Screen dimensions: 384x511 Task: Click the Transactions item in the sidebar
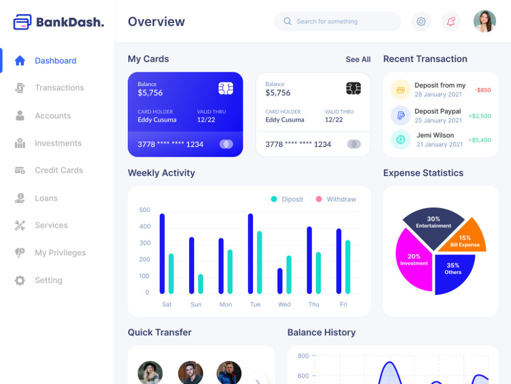point(59,88)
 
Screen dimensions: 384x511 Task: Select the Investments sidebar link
point(58,143)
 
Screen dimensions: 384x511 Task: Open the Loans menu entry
point(46,198)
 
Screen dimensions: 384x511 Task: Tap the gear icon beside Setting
point(20,281)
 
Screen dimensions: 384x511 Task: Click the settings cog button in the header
point(421,22)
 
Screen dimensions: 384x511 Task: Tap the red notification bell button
point(451,22)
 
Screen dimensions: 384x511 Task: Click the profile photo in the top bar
point(484,22)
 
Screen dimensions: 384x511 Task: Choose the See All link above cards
point(358,59)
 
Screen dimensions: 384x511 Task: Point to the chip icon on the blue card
point(226,89)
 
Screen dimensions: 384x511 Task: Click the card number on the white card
point(298,144)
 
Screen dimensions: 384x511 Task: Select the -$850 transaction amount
point(482,90)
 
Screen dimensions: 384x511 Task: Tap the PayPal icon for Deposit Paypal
point(401,116)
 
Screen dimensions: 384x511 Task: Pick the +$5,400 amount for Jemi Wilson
point(479,140)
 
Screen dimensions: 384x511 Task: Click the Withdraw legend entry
point(341,199)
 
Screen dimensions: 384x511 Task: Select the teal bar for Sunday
point(200,284)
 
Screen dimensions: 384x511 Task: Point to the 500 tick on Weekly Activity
point(145,210)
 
